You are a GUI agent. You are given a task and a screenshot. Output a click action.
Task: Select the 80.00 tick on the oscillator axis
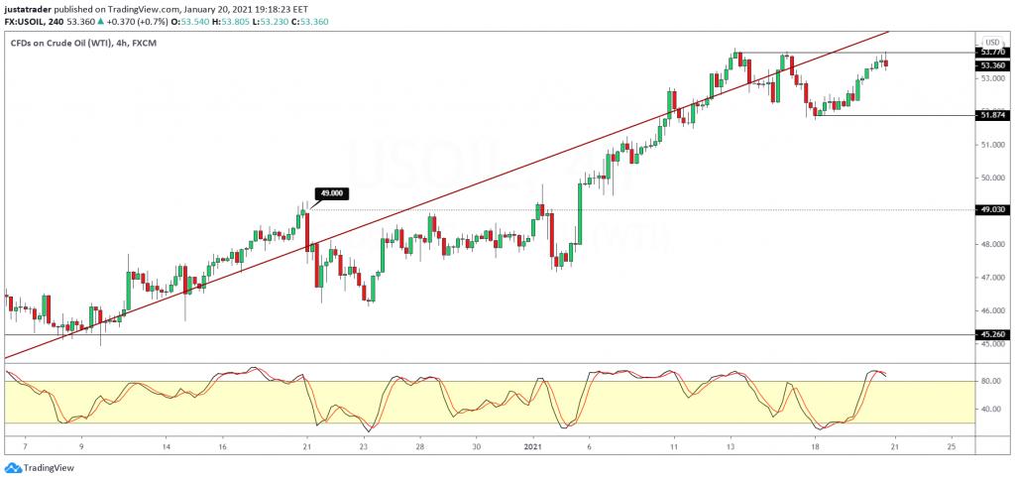(x=990, y=381)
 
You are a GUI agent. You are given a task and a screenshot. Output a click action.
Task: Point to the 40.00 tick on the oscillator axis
(x=990, y=409)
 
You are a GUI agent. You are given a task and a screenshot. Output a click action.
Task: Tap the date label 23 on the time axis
(x=364, y=447)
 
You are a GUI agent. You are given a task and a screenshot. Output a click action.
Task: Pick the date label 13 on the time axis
(x=731, y=447)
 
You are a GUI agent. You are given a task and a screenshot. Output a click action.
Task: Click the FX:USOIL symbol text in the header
(x=25, y=22)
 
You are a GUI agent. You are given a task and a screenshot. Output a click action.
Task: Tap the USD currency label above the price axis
(x=990, y=42)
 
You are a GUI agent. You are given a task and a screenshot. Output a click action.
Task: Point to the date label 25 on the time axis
(x=952, y=447)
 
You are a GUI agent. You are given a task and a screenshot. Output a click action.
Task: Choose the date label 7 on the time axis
(x=26, y=447)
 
